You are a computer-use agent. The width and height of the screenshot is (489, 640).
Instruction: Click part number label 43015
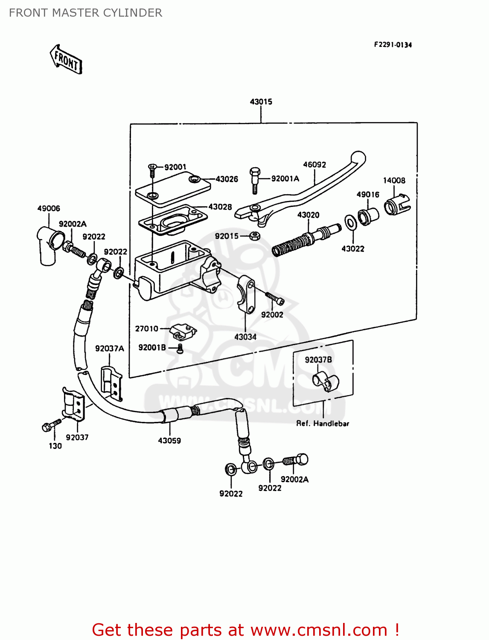click(261, 102)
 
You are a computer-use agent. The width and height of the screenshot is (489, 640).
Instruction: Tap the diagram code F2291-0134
click(393, 45)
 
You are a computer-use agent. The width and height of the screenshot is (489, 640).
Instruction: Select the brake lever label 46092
click(314, 165)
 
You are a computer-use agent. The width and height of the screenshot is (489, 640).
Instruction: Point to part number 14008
click(394, 180)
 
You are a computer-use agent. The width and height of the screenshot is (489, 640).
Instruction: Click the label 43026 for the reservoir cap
click(227, 179)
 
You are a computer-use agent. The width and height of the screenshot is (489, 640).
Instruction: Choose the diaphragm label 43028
click(220, 207)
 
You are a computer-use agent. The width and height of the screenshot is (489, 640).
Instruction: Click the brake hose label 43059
click(169, 441)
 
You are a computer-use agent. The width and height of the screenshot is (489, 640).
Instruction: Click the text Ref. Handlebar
click(323, 424)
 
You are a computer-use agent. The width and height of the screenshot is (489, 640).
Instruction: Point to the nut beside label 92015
click(253, 236)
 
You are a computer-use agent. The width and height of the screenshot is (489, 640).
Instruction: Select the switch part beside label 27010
click(183, 332)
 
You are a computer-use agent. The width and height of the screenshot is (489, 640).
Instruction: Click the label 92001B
click(152, 348)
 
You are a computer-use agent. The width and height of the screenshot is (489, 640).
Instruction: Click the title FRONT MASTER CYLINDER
click(85, 13)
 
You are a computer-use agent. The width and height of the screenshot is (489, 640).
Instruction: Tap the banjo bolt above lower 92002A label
click(296, 460)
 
